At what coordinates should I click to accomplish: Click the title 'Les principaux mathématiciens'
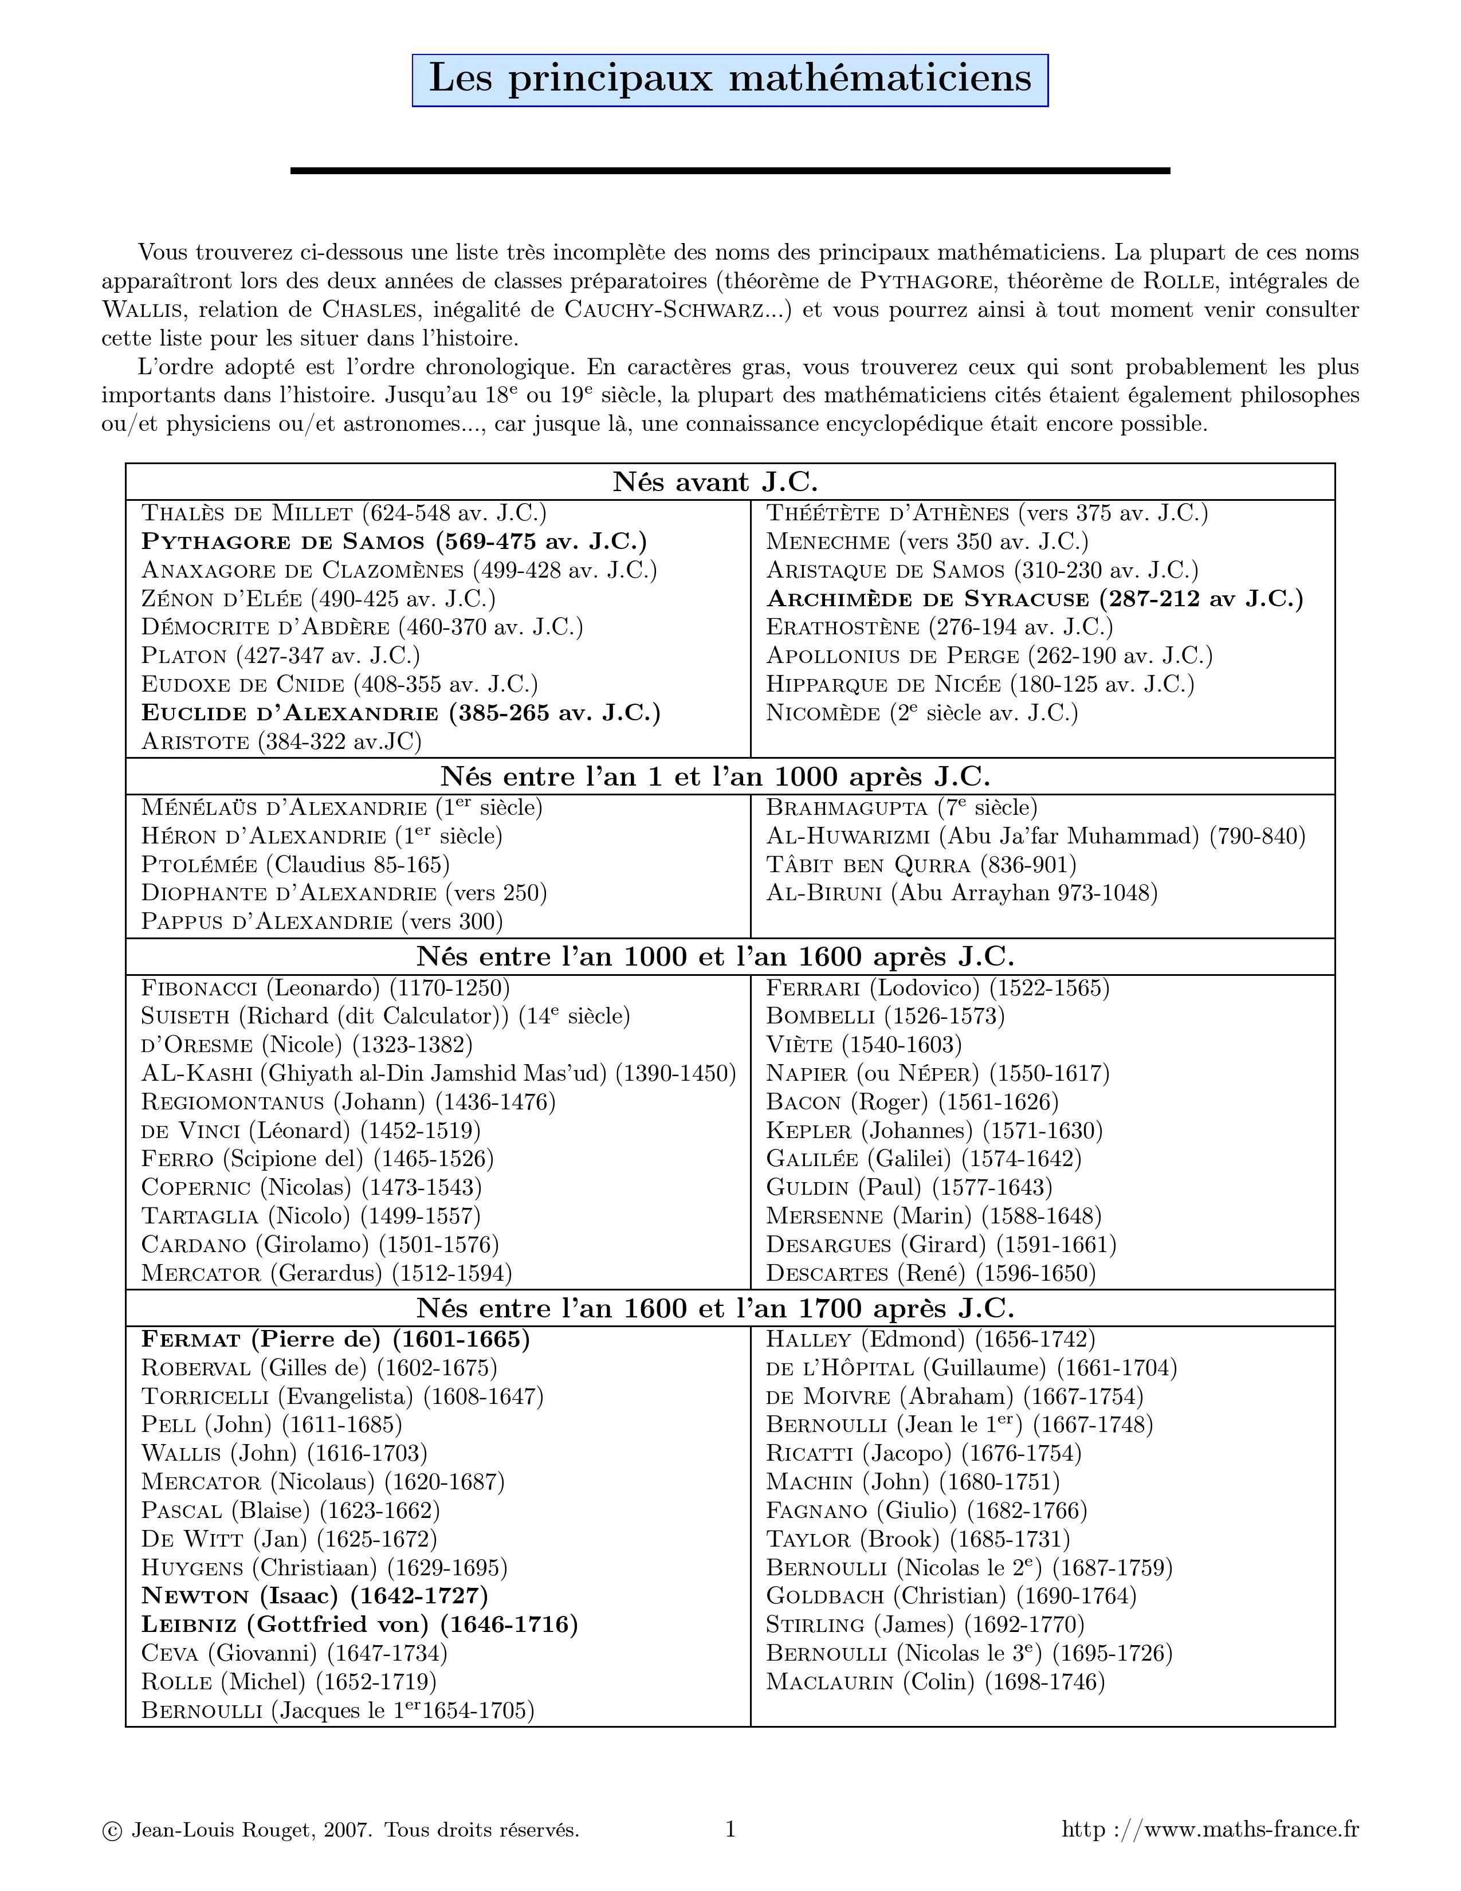(729, 80)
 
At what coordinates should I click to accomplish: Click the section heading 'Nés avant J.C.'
(715, 481)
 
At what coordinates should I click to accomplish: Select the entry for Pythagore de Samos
(394, 541)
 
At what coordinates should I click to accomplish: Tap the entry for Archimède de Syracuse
(1034, 598)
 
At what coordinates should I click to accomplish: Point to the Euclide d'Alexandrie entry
(400, 713)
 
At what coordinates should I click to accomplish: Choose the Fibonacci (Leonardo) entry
(325, 987)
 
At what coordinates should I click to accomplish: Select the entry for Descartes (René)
(930, 1273)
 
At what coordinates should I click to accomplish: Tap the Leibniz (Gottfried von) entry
(359, 1623)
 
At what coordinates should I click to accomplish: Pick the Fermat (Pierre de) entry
(336, 1339)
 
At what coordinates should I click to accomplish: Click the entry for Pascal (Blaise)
(291, 1510)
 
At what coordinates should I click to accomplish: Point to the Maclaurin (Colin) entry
(936, 1681)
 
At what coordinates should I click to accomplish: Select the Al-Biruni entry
(961, 893)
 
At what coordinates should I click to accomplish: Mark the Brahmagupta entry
(901, 807)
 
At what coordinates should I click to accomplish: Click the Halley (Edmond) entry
(930, 1339)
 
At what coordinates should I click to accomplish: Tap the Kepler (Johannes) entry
(934, 1130)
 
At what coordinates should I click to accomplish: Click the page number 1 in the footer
(729, 1829)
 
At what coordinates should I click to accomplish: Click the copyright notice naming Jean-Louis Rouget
(340, 1830)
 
